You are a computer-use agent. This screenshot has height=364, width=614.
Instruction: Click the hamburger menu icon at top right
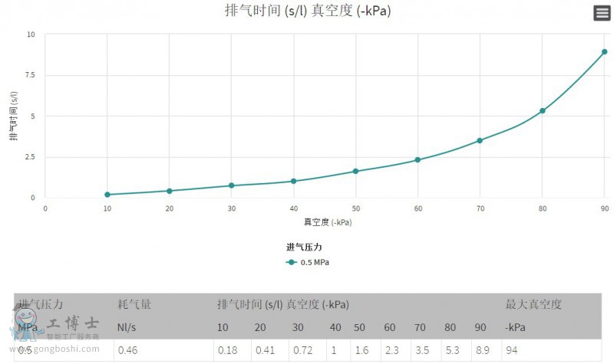(602, 13)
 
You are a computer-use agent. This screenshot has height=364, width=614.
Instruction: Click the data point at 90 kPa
(604, 52)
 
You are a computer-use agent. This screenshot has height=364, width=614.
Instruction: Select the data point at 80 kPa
(542, 111)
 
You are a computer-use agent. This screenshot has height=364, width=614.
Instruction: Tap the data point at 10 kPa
(107, 195)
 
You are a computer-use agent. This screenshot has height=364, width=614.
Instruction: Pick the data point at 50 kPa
(355, 171)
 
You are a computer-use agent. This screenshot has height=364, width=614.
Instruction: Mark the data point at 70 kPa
(480, 140)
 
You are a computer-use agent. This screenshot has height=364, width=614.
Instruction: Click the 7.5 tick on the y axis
(30, 76)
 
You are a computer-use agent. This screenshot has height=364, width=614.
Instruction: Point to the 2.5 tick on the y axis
(30, 157)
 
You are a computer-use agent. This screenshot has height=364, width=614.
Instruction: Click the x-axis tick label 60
(418, 208)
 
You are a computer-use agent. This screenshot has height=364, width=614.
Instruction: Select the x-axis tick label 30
(231, 208)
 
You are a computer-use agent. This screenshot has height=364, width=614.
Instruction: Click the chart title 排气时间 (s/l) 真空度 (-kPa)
(313, 11)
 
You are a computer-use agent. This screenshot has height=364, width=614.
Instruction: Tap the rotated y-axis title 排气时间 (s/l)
(14, 116)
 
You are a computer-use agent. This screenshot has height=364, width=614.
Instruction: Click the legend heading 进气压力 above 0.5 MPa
(304, 247)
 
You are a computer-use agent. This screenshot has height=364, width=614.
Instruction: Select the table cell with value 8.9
(481, 350)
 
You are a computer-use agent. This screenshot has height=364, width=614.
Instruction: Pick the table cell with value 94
(512, 350)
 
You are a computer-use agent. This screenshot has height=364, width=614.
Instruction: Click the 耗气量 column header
(134, 304)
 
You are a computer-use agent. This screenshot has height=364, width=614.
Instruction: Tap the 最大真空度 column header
(533, 304)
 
